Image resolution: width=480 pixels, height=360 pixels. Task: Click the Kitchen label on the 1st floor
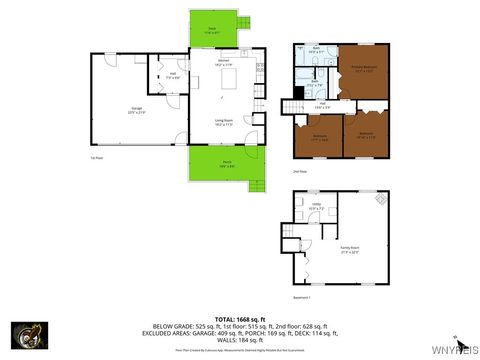[x=225, y=62]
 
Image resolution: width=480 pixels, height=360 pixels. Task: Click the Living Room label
[x=224, y=122]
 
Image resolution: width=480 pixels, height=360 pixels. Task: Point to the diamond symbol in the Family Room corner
[x=380, y=198]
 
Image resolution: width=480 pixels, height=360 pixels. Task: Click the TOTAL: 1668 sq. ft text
[x=240, y=317]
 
